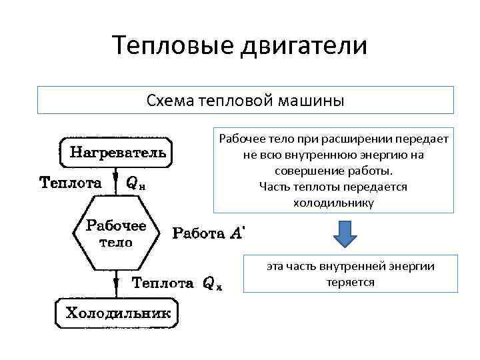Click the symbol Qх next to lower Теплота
(x=213, y=284)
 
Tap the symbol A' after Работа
(x=238, y=233)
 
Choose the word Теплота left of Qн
(x=71, y=182)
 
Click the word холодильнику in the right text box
(x=333, y=202)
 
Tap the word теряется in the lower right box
(x=350, y=282)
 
